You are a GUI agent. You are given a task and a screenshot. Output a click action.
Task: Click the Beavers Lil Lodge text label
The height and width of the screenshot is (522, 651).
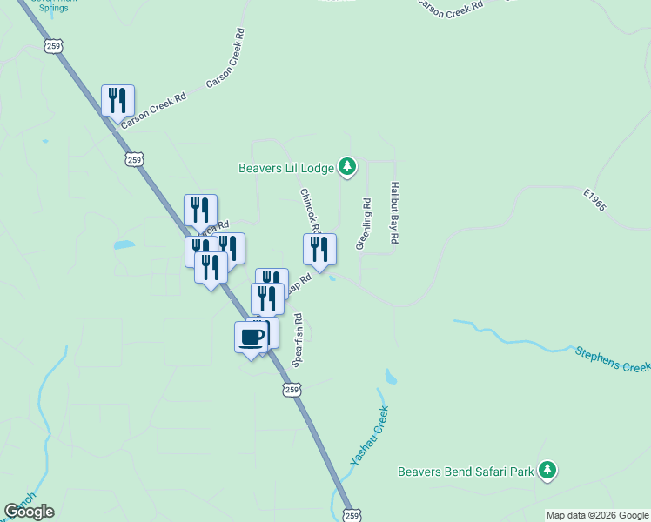pos(286,167)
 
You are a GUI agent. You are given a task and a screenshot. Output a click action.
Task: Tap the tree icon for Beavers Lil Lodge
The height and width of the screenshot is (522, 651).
pos(347,165)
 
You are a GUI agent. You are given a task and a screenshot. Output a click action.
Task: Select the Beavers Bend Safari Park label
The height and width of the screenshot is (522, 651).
pos(466,472)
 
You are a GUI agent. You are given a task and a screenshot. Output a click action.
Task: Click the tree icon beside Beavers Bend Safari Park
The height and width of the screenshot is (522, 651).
pos(547,471)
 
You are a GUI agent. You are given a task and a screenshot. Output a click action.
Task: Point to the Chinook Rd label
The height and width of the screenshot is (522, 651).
pos(310,211)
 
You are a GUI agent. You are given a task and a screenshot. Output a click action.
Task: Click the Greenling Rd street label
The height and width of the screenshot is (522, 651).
pos(364,224)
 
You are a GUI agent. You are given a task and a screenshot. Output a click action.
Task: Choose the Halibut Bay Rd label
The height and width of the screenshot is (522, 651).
pos(394,212)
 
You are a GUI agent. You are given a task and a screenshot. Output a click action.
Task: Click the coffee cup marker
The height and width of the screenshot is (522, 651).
pos(251,338)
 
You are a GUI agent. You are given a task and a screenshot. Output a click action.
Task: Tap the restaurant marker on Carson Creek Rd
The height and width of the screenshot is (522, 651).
pos(117,101)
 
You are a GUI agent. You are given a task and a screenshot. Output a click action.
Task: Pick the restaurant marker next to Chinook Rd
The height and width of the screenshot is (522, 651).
pos(319,250)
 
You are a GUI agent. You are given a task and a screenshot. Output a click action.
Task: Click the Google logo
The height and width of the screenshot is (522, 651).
pos(29,512)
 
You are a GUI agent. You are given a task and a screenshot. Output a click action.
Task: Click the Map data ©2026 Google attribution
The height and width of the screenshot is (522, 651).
pos(597,515)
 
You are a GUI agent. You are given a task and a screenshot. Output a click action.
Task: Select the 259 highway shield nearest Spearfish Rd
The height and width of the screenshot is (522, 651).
pos(292,390)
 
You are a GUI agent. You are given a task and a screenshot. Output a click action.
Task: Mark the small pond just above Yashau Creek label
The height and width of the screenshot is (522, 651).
pos(390,378)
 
